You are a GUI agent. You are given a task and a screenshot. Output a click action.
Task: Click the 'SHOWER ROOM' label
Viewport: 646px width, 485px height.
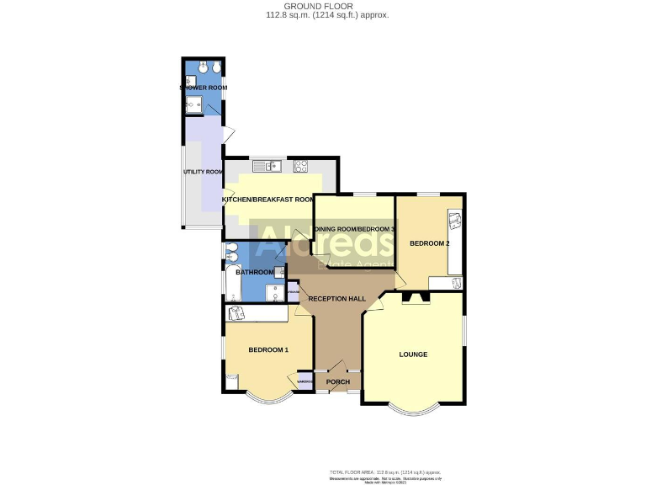point(203,88)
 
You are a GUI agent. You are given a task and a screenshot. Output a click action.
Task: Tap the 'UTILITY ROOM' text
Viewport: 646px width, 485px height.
point(203,172)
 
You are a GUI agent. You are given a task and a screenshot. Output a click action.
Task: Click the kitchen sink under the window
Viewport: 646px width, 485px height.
point(272,166)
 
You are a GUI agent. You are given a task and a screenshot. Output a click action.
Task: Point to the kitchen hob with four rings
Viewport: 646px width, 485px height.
point(300,165)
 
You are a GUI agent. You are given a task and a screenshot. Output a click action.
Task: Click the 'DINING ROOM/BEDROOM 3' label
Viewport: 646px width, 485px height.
point(353,229)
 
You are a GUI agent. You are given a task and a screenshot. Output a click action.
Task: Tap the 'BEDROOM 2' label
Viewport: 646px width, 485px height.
point(429,243)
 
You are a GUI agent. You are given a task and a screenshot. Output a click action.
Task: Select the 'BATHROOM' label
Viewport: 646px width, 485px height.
point(255,272)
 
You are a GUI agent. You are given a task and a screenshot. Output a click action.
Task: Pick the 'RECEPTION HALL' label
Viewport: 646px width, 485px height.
point(336,299)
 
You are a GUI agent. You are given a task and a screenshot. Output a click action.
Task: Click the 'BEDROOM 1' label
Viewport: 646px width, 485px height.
point(268,349)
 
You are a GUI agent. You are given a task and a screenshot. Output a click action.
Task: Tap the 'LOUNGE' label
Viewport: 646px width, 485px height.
point(413,354)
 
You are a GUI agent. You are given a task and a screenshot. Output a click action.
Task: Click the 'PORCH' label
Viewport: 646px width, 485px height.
point(337,382)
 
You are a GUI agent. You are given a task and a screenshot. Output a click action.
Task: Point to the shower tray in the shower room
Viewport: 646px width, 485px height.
point(194,104)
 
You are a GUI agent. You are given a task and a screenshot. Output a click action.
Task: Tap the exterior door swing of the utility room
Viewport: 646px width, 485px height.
point(228,133)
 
